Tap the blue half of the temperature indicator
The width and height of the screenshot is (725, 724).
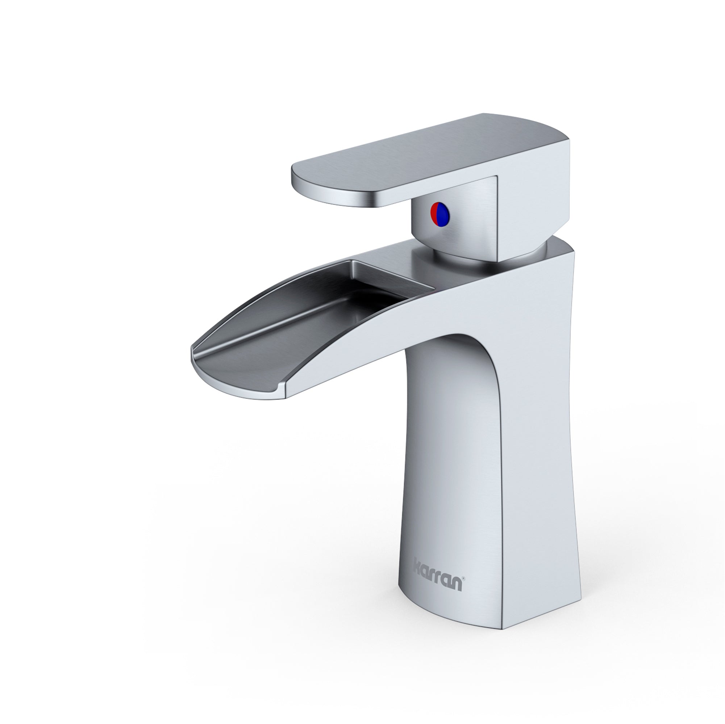coord(444,214)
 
